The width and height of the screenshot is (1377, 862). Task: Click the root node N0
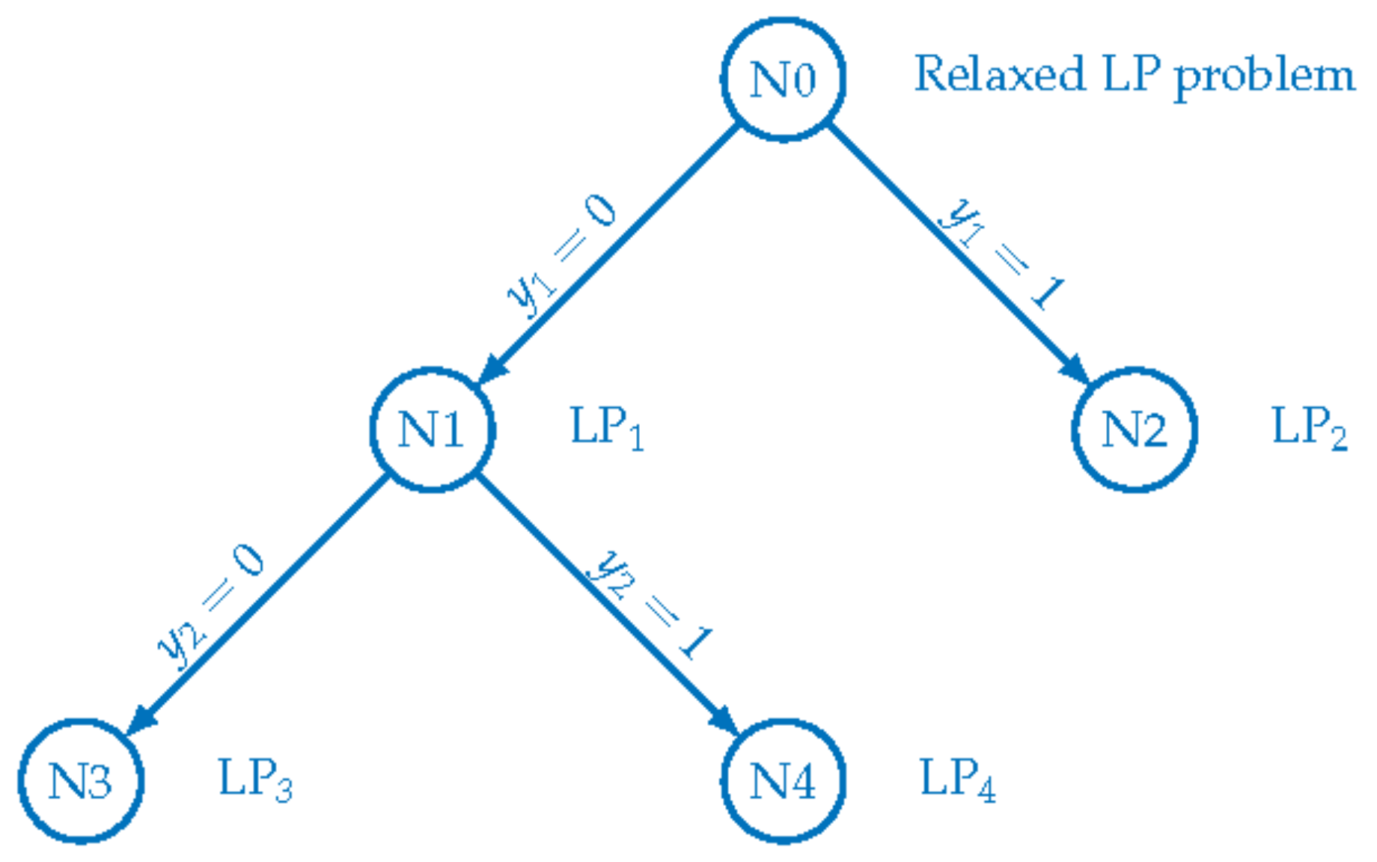[x=783, y=79]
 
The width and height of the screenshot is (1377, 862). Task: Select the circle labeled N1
[x=432, y=430]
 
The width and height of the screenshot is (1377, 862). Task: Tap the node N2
[x=1134, y=430]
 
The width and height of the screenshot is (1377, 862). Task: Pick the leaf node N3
[x=81, y=781]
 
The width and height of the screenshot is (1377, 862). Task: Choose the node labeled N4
[x=783, y=781]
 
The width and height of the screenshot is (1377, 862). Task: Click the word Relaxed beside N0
[x=999, y=75]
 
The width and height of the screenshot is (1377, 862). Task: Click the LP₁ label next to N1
[x=606, y=429]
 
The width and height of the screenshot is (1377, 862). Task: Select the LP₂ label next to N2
[x=1309, y=429]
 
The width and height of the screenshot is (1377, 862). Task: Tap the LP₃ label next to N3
[x=254, y=780]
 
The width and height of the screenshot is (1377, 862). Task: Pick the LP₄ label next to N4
[x=957, y=780]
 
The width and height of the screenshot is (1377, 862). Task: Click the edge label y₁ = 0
[x=561, y=254]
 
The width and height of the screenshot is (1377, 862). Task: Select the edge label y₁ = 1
[x=1001, y=254]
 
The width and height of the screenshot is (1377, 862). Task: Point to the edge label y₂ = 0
[x=210, y=606]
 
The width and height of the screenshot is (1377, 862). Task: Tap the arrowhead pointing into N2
[x=1075, y=369]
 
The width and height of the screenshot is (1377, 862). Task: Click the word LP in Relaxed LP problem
[x=1131, y=75]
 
